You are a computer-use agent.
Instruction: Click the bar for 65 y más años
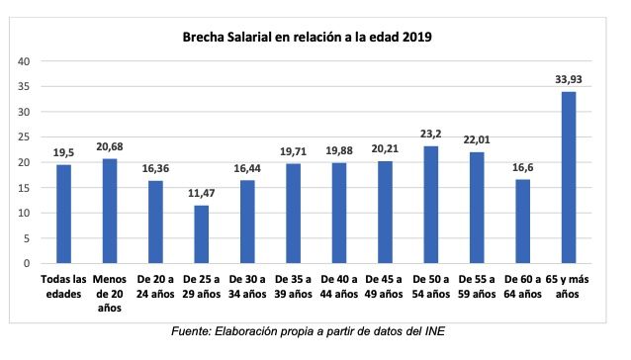[569, 177]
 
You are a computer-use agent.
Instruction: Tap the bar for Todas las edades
[62, 214]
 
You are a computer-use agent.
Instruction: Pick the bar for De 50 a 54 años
[430, 205]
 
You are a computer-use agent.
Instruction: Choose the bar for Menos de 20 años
[109, 211]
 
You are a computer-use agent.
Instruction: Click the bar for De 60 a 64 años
[522, 222]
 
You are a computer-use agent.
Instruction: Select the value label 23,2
[430, 135]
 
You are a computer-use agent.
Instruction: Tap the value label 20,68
[109, 147]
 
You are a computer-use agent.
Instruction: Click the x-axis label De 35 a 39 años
[293, 286]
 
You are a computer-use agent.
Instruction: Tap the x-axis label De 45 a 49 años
[385, 286]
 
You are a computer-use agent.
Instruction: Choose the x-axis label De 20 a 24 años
[155, 286]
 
